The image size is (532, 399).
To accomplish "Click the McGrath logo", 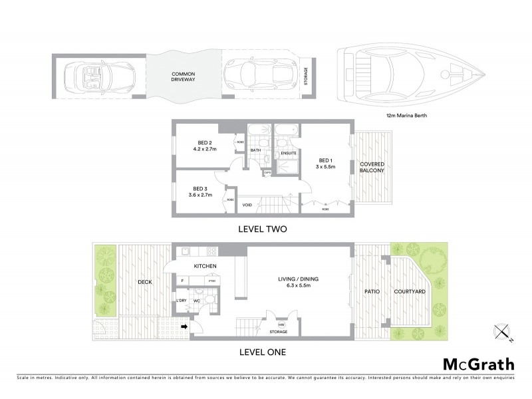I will pyautogui.click(x=479, y=364).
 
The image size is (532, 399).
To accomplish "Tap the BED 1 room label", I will pyautogui.click(x=325, y=164).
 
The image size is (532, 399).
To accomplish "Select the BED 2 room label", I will pyautogui.click(x=205, y=146).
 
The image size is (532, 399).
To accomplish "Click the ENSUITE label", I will pyautogui.click(x=289, y=153).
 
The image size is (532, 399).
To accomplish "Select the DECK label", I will pyautogui.click(x=144, y=282).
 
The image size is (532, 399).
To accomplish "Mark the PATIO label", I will pyautogui.click(x=370, y=291).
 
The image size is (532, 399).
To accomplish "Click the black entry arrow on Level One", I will pyautogui.click(x=185, y=326).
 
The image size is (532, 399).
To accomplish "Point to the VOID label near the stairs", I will pyautogui.click(x=247, y=204).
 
